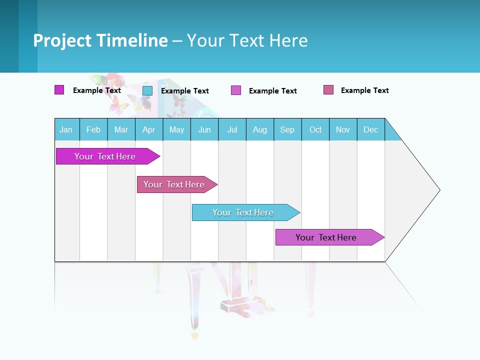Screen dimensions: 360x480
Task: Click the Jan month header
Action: (x=66, y=129)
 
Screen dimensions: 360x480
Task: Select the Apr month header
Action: (x=149, y=129)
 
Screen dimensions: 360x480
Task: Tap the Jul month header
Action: (x=232, y=129)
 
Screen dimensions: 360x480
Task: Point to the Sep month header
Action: (x=287, y=129)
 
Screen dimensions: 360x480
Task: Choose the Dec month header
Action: (x=370, y=129)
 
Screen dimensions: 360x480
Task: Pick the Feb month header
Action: (x=93, y=129)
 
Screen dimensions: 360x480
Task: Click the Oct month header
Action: (x=315, y=129)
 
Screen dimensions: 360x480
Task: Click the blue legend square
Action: (x=147, y=90)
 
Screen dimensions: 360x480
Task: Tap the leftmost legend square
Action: (x=59, y=90)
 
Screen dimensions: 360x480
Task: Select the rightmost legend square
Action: (x=328, y=90)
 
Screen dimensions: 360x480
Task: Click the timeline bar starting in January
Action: (x=105, y=156)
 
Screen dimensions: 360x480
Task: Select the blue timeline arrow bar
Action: (x=243, y=212)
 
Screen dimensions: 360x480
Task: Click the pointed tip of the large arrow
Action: (x=438, y=190)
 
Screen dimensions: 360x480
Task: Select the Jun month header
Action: (x=204, y=129)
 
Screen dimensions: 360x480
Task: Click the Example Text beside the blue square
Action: (x=185, y=91)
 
